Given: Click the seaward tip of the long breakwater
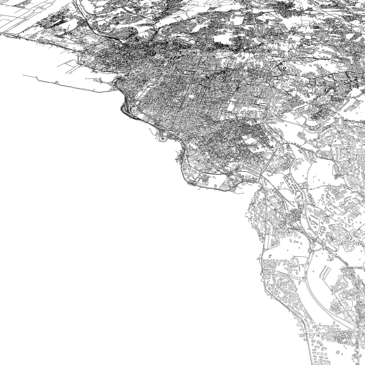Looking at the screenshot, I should pos(23,75).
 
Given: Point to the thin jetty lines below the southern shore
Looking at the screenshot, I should pos(238,192).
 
